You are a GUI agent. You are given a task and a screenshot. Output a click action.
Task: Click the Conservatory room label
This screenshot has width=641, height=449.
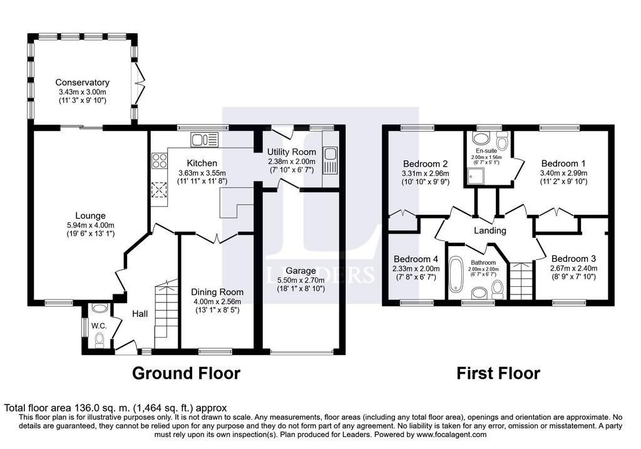82,82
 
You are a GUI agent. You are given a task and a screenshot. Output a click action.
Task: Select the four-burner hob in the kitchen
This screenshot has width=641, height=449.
160,160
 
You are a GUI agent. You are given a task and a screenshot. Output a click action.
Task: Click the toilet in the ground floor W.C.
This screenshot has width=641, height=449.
99,340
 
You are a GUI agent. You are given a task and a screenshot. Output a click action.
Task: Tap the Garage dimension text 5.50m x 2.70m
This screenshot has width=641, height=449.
301,280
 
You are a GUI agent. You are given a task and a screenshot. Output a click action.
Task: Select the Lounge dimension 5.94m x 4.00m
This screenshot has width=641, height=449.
90,225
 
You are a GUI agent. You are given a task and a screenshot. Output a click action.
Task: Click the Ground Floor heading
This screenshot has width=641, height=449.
186,373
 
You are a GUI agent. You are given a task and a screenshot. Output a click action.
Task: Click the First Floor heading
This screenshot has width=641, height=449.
498,373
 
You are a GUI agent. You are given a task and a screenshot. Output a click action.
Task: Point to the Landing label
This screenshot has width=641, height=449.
490,230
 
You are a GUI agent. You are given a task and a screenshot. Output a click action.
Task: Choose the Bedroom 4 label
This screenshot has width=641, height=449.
416,259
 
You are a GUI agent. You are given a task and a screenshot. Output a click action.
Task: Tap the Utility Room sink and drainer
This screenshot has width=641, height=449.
329,160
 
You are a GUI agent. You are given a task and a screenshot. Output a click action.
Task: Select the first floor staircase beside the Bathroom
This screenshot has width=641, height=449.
521,281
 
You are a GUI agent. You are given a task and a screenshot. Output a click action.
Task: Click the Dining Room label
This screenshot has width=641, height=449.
217,292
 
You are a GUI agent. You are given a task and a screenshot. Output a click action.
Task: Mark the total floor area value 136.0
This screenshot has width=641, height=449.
85,408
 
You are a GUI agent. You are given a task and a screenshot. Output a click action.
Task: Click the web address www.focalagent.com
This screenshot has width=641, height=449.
452,435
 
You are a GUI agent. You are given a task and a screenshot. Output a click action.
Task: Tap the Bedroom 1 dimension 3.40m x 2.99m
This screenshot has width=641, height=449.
563,173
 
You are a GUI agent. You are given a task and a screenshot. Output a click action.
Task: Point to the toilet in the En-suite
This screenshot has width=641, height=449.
501,141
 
